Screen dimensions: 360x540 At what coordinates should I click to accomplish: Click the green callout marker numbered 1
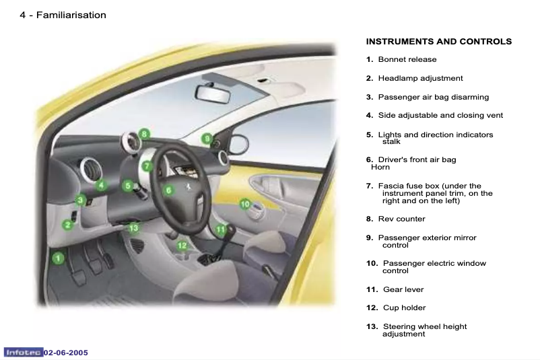click(59, 256)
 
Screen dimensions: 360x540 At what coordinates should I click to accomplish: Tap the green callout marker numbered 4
click(100, 184)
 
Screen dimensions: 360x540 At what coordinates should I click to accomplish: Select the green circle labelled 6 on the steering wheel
click(169, 190)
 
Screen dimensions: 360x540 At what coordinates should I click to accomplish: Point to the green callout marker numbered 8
click(144, 134)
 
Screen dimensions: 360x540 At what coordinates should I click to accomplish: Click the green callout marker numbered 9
click(208, 139)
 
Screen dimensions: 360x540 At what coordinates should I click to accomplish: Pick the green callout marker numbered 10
click(245, 204)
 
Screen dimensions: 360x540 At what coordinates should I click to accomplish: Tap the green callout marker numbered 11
click(221, 229)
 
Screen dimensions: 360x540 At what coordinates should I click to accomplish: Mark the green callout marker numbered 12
click(182, 246)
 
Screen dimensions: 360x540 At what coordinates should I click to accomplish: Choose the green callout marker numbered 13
click(133, 228)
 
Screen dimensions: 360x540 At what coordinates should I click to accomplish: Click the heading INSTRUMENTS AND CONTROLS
click(438, 42)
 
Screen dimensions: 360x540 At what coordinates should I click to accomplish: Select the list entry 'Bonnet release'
click(407, 60)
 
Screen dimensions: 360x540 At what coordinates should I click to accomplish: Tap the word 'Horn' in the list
click(380, 167)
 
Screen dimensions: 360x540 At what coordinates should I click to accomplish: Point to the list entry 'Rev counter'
click(401, 219)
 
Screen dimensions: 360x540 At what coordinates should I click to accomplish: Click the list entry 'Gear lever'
click(403, 289)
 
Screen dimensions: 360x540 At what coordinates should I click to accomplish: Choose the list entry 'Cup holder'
click(404, 308)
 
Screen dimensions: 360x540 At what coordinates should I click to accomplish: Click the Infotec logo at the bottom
click(24, 353)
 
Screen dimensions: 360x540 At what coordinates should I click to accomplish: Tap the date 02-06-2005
click(66, 353)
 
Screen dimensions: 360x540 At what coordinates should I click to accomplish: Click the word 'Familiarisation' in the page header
click(71, 15)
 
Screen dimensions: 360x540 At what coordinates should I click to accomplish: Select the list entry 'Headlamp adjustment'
click(420, 79)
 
